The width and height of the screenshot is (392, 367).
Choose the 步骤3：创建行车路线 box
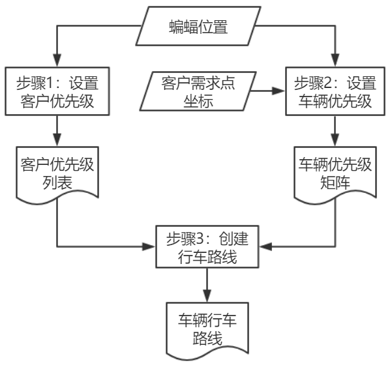(207, 246)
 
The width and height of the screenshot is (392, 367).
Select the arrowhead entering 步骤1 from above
(57, 62)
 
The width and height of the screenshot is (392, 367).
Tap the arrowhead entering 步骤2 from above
(335, 62)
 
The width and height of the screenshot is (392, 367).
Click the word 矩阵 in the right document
(335, 183)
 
